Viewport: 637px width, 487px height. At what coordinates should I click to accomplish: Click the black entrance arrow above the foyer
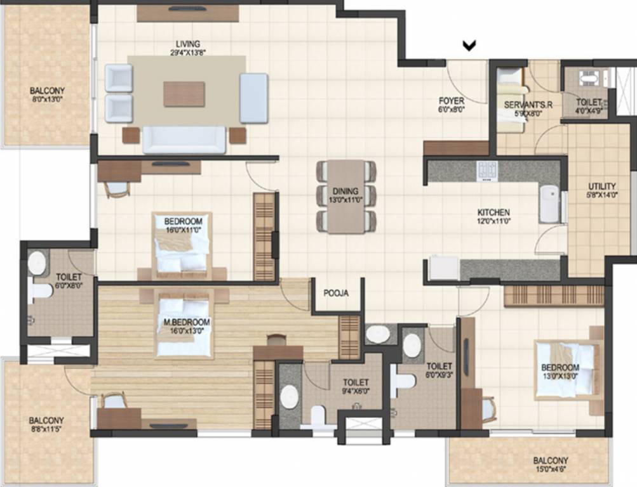[x=469, y=45]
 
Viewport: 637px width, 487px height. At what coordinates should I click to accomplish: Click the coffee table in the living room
[x=184, y=94]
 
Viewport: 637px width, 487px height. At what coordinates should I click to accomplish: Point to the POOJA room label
[x=336, y=293]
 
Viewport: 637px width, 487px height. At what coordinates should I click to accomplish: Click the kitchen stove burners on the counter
[x=487, y=170]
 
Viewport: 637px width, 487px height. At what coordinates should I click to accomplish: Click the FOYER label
[x=452, y=105]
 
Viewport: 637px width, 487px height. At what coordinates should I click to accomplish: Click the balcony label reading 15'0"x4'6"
[x=551, y=465]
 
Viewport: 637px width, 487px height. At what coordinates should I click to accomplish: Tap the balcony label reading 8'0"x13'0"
[x=47, y=95]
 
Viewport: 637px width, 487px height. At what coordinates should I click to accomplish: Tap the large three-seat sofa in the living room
[x=184, y=140]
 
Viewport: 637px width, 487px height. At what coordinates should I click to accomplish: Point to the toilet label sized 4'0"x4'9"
[x=588, y=105]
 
